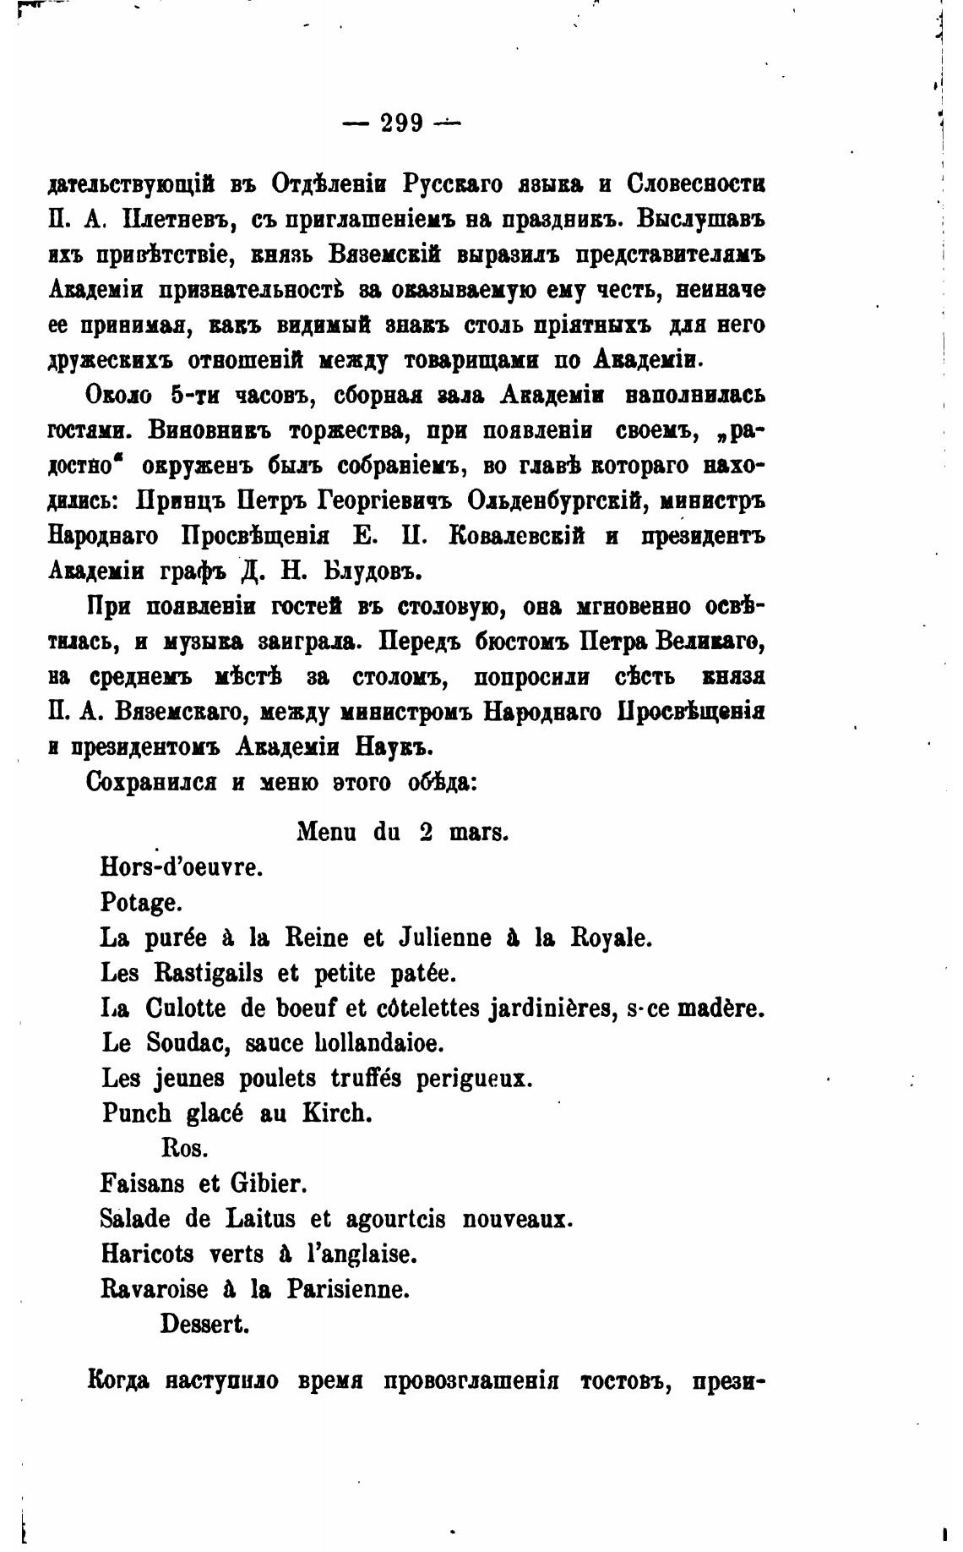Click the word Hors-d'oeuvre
point(182,867)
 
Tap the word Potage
point(141,903)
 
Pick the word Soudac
point(186,1043)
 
